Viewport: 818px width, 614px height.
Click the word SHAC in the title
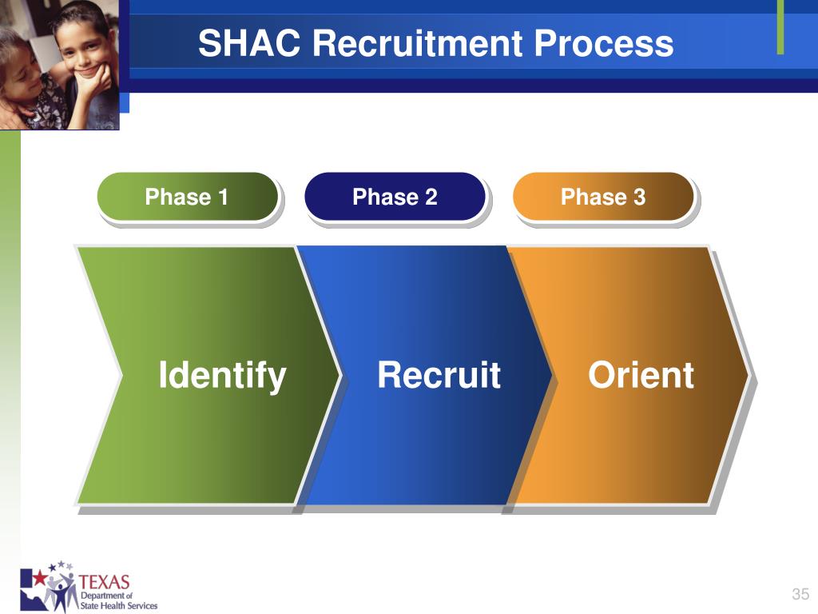249,43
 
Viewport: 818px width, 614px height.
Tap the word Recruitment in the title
417,43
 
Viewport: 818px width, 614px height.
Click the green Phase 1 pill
188,197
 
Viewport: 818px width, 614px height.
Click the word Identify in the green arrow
222,376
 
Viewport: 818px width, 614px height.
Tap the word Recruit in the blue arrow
439,375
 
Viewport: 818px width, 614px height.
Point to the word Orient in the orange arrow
641,375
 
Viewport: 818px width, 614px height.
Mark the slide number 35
800,594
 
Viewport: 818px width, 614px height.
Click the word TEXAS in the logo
104,582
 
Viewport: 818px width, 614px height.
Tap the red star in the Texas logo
40,578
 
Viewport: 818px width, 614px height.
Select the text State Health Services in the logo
118,606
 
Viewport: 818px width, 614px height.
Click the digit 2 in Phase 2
431,197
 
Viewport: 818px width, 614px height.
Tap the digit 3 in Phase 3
639,197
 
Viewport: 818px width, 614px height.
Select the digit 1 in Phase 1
223,197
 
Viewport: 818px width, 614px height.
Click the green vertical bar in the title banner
780,27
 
